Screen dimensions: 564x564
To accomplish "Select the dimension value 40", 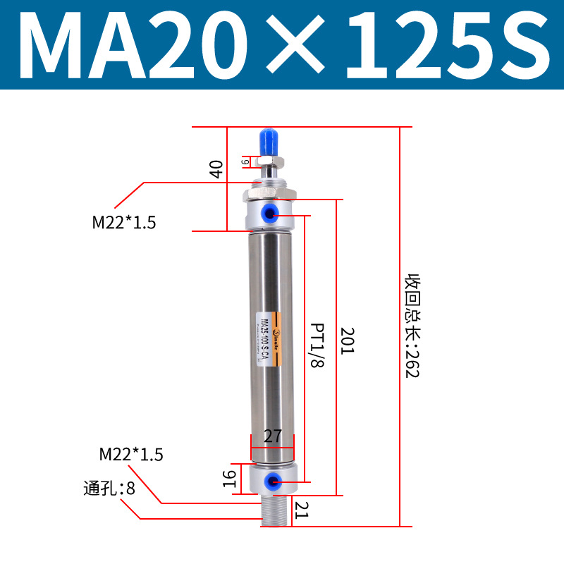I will tap(217, 168).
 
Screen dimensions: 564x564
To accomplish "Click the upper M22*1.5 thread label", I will tap(123, 223).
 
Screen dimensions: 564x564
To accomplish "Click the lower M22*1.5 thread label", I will tap(131, 455).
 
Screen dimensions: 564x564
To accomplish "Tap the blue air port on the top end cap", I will tap(271, 211).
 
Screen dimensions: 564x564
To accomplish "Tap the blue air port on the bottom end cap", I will tap(270, 482).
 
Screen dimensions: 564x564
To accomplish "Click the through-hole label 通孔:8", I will tap(109, 487).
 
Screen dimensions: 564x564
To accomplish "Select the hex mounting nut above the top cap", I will tap(269, 192).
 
